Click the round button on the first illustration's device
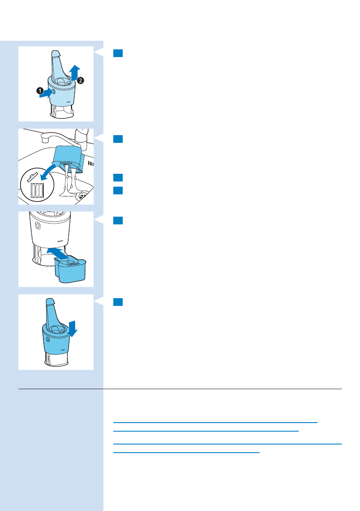(54, 91)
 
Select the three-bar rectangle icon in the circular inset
(37, 190)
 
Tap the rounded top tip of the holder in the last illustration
(50, 301)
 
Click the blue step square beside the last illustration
(118, 302)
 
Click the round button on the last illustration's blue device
(47, 339)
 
